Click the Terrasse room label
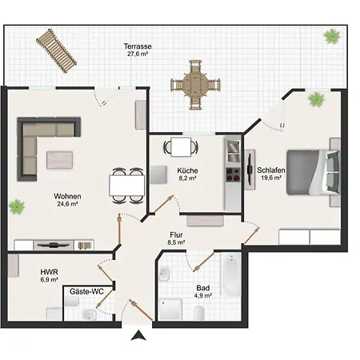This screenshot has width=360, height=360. pyautogui.click(x=138, y=46)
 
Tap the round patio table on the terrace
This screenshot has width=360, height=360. pyautogui.click(x=195, y=85)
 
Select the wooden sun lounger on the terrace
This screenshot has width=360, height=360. pyautogui.click(x=57, y=50)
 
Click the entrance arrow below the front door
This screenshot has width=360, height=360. pyautogui.click(x=138, y=335)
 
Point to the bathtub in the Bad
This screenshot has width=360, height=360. pyautogui.click(x=231, y=274)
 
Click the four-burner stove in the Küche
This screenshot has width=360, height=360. pyautogui.click(x=233, y=175)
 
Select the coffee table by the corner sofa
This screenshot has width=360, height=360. pyautogui.click(x=59, y=160)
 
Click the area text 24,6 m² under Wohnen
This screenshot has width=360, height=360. pyautogui.click(x=67, y=204)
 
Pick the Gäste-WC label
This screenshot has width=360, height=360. pyautogui.click(x=86, y=292)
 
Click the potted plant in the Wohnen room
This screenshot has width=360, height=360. pyautogui.click(x=17, y=206)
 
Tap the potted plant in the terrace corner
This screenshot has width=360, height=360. pyautogui.click(x=332, y=36)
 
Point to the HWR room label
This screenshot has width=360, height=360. pyautogui.click(x=50, y=272)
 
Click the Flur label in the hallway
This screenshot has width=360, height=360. pyautogui.click(x=176, y=235)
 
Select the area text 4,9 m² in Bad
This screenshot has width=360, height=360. pyautogui.click(x=203, y=295)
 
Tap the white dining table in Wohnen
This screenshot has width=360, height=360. pyautogui.click(x=127, y=186)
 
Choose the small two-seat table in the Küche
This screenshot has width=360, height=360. pyautogui.click(x=181, y=147)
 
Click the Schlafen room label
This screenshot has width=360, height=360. pyautogui.click(x=271, y=170)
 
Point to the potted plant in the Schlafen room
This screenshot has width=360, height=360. pyautogui.click(x=316, y=99)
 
